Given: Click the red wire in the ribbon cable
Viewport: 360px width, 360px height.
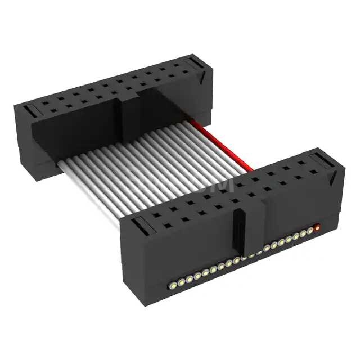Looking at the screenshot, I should (219, 143).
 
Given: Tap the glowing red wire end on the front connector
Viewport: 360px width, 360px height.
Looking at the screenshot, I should (317, 228).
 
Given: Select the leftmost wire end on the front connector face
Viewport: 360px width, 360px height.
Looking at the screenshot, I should (174, 282).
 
